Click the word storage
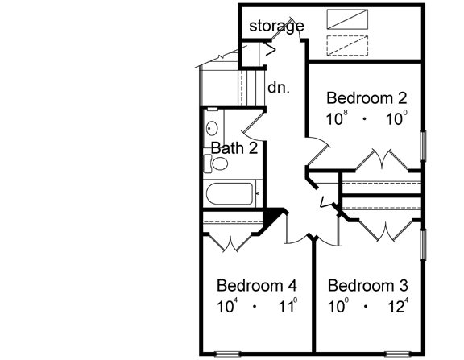[275, 27]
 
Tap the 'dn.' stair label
[279, 87]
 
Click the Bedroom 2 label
[367, 98]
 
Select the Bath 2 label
[234, 147]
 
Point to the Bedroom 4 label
[257, 286]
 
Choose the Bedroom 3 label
[368, 286]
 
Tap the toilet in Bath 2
[217, 164]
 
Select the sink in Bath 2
[212, 127]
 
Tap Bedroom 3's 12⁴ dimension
[398, 306]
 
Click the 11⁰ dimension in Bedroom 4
[288, 306]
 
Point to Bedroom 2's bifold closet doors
[381, 160]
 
